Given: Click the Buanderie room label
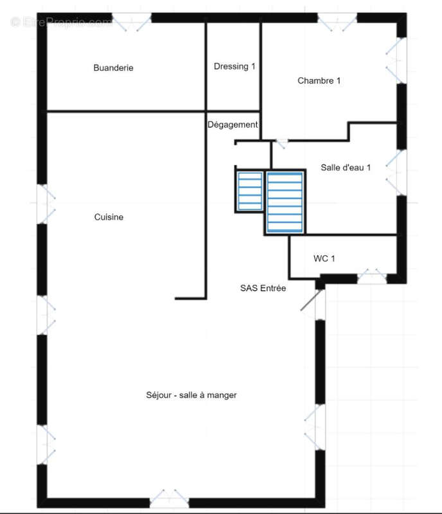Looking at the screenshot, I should (x=113, y=67).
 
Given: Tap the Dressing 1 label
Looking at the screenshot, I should (x=234, y=66).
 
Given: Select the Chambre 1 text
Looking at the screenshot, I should (x=319, y=80).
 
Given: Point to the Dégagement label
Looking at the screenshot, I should (x=233, y=125).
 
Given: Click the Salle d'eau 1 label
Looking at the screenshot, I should (x=346, y=168).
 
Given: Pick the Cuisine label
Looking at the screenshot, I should (x=109, y=217).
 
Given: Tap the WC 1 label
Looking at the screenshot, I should (x=324, y=258).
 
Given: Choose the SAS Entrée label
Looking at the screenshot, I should (x=263, y=288).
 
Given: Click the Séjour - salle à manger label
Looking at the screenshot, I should (x=191, y=395).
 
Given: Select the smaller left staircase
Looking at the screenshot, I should (x=250, y=190).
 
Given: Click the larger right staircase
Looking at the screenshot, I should (x=285, y=202).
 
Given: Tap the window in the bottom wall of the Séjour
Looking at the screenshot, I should (x=169, y=499).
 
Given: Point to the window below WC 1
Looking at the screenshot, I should (x=371, y=278).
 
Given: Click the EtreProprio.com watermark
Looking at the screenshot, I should (x=61, y=22).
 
